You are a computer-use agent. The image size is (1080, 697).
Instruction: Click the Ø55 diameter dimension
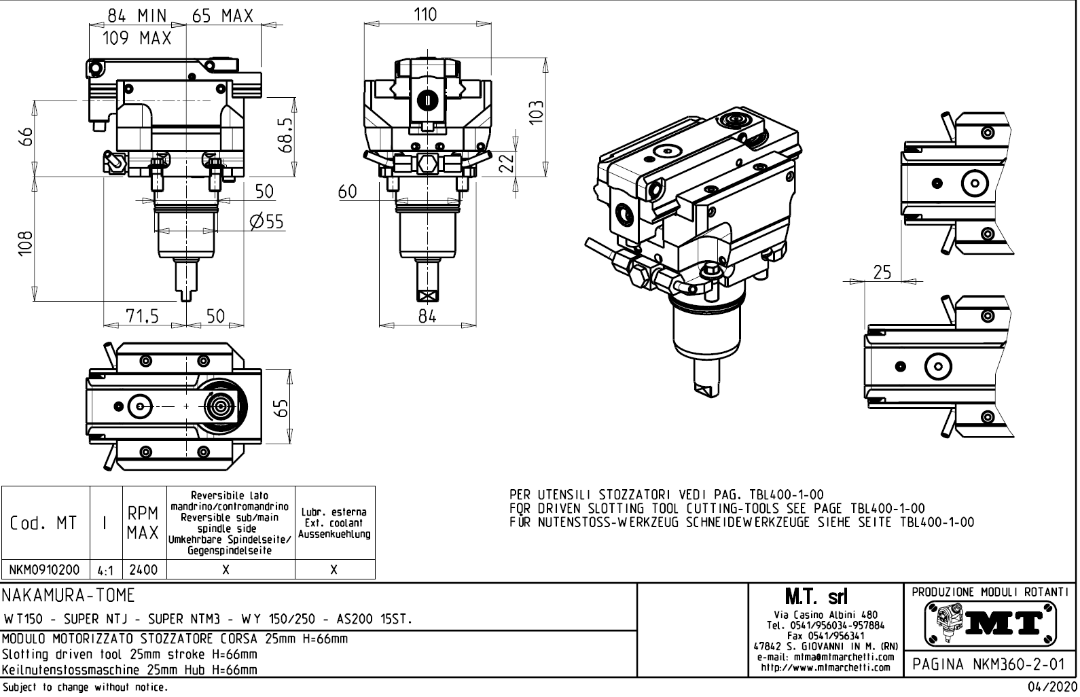pyautogui.click(x=266, y=221)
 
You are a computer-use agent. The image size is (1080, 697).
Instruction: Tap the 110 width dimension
pyautogui.click(x=426, y=14)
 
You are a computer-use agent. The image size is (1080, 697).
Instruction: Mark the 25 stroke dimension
pyautogui.click(x=882, y=272)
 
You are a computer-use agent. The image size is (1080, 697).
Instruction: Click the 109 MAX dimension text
pyautogui.click(x=137, y=39)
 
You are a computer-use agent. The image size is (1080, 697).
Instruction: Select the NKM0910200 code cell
pyautogui.click(x=46, y=570)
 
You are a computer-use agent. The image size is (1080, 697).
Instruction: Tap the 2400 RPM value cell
pyautogui.click(x=144, y=570)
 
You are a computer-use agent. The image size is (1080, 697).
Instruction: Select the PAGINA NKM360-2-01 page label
pyautogui.click(x=989, y=664)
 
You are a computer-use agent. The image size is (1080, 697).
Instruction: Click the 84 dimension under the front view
pyautogui.click(x=427, y=316)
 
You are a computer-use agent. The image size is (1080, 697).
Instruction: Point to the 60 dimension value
pyautogui.click(x=348, y=192)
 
